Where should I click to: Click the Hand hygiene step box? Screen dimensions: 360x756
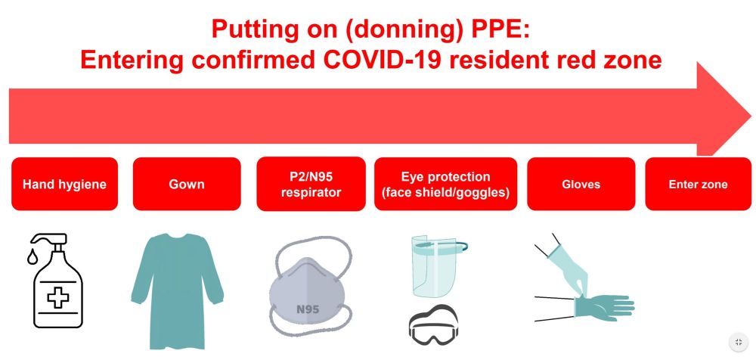pyautogui.click(x=64, y=184)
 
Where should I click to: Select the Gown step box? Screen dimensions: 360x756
pyautogui.click(x=187, y=184)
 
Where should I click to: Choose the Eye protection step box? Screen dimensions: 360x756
pyautogui.click(x=446, y=184)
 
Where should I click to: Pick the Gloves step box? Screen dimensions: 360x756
pyautogui.click(x=581, y=184)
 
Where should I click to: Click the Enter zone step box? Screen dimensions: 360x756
pyautogui.click(x=698, y=184)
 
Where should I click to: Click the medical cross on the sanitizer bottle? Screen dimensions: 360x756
pyautogui.click(x=58, y=297)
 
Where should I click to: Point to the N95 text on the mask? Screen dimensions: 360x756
pyautogui.click(x=307, y=309)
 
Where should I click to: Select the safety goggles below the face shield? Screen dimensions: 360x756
pyautogui.click(x=433, y=324)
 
